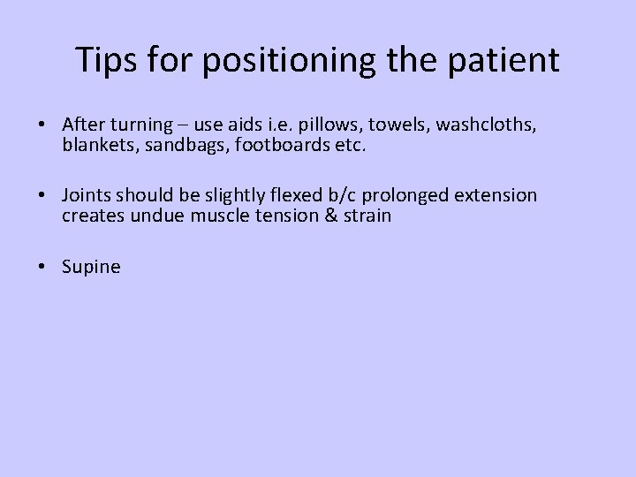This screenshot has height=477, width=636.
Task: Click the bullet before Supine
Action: (x=44, y=266)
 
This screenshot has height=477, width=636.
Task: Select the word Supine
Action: (x=91, y=267)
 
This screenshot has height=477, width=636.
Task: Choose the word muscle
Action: (x=217, y=216)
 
